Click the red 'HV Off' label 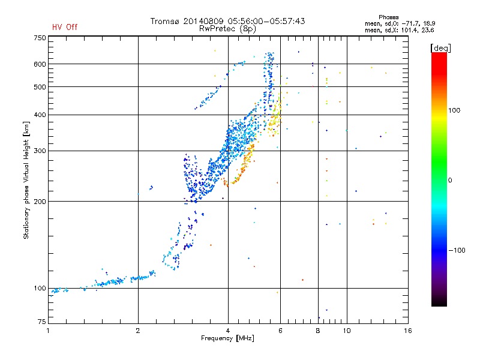pos(64,27)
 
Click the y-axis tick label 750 pos(40,38)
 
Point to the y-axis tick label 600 pos(40,64)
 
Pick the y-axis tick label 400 pos(40,115)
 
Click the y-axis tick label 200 pos(40,202)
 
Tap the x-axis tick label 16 pos(407,331)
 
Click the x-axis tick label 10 pos(346,331)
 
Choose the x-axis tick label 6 pos(280,331)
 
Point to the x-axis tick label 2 pos(138,331)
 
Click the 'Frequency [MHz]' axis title pos(227,339)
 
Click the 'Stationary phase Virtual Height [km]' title pos(26,180)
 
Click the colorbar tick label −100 pos(456,250)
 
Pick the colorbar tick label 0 pos(452,181)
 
